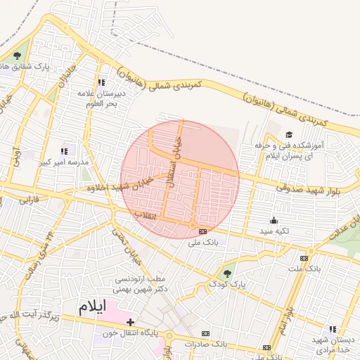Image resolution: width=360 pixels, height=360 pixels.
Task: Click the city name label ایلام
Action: (91, 307)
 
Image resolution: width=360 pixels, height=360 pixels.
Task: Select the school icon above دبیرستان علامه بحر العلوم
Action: (102, 82)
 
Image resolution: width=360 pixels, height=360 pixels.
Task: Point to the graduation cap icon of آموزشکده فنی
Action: (288, 134)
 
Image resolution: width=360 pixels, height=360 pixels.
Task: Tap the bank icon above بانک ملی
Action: (203, 231)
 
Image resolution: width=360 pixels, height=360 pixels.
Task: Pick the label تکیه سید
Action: (274, 231)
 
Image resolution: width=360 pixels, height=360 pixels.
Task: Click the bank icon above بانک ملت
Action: (304, 258)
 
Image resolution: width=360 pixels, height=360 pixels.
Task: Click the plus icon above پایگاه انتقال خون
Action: (131, 322)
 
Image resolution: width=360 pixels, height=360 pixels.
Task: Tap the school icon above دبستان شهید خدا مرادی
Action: (333, 329)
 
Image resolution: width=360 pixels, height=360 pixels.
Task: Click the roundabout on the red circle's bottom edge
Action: (193, 224)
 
